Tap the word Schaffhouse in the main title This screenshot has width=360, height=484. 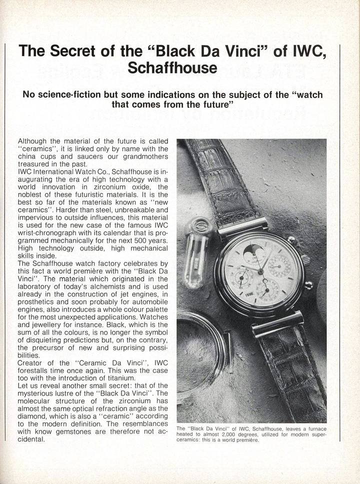[172, 68]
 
